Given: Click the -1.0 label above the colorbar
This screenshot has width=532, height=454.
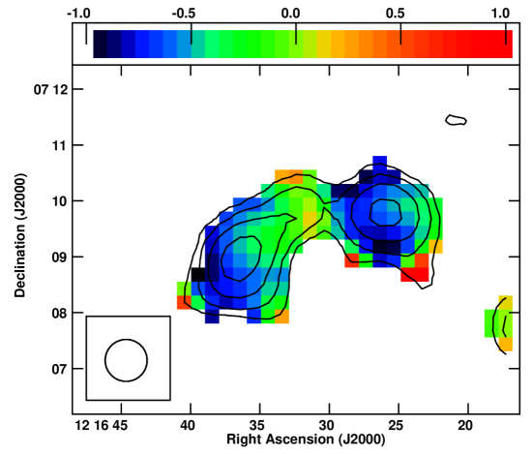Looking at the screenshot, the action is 78,14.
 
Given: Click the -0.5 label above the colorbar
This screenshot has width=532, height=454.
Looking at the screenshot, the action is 184,14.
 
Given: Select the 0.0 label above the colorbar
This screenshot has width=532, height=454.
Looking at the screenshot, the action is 291,14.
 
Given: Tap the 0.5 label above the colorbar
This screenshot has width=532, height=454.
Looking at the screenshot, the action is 396,14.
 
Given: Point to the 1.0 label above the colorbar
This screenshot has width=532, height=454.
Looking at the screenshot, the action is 500,14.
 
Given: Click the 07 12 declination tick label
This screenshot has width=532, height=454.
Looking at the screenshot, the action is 50,90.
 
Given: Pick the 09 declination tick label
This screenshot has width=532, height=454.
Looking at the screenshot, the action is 60,257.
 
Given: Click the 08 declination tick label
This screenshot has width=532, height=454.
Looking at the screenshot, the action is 60,313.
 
